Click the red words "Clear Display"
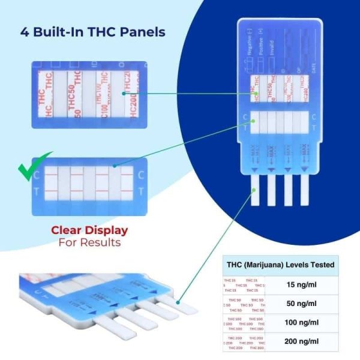point(89,230)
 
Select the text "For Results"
point(89,242)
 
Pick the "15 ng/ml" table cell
point(300,284)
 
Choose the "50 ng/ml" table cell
point(300,304)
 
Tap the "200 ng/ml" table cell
point(300,341)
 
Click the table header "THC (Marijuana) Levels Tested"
point(280,265)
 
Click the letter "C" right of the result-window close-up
point(140,176)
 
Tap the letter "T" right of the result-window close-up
point(140,192)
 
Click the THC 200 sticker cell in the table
point(243,341)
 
